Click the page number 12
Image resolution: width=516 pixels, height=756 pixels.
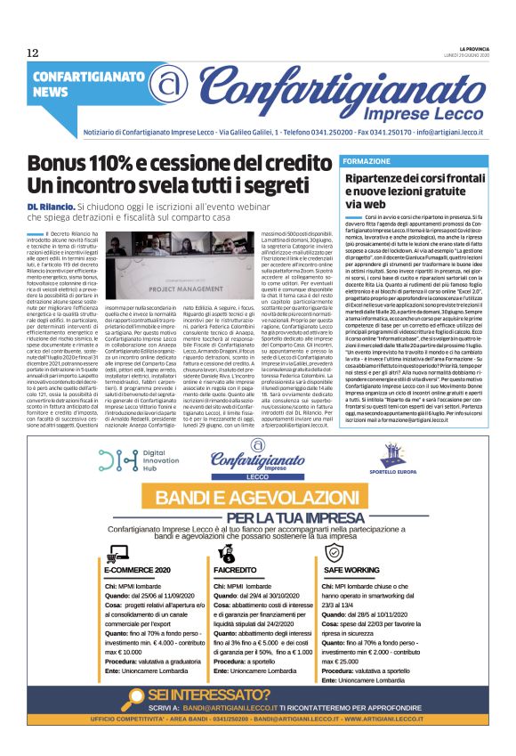click(x=33, y=53)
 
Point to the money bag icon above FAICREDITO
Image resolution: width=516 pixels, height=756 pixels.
click(x=226, y=550)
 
